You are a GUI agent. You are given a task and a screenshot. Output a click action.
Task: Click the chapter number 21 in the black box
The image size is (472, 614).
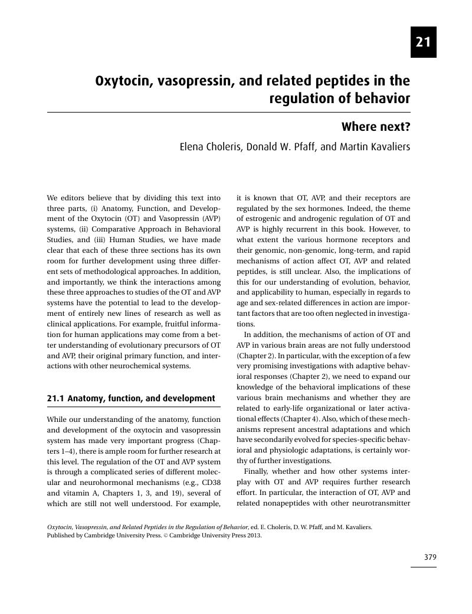423,42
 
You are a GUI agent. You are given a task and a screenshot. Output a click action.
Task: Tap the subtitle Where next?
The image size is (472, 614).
376,127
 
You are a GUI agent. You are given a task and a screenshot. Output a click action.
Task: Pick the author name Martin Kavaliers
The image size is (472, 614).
374,147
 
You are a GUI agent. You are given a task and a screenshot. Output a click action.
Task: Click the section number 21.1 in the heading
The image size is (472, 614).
56,398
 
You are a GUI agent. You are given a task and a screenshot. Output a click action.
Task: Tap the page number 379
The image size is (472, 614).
430,557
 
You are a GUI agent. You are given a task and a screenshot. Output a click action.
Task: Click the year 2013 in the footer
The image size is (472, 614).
252,536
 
